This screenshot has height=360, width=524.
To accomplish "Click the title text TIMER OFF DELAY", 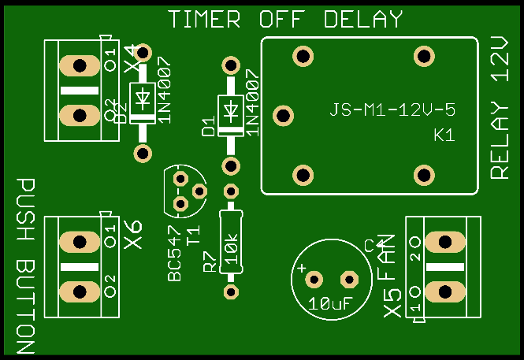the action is [285, 20].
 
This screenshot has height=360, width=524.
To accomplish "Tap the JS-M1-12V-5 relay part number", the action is [392, 109].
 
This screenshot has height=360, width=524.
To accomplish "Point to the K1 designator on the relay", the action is [444, 135].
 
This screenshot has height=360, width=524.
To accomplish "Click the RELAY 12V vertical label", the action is [501, 108].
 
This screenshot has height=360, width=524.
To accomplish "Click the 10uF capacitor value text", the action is [330, 303].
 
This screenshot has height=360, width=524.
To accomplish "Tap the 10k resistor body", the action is [230, 241].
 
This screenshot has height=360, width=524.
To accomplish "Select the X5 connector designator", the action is [392, 304].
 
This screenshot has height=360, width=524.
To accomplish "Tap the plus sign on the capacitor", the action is [301, 269].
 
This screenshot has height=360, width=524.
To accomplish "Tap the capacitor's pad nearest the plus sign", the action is [314, 279].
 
